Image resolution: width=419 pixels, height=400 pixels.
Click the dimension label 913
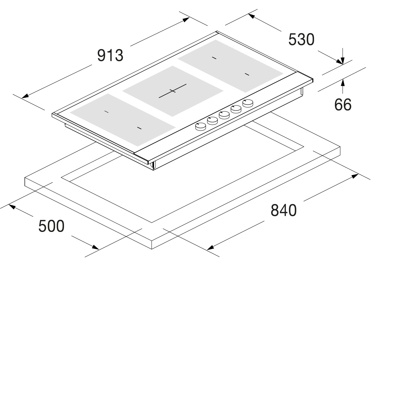110,55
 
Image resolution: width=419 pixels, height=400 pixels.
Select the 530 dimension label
301,40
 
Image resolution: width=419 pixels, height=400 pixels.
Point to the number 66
343,105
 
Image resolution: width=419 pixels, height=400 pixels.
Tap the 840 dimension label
284,210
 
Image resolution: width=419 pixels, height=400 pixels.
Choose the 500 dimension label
51,226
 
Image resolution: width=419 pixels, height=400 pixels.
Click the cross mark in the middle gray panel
173,91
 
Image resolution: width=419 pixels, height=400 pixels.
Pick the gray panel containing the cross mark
173,91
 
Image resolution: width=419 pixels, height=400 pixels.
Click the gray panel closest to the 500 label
123,120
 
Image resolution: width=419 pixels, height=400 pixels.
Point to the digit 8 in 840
275,210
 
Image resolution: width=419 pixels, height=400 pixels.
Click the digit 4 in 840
284,210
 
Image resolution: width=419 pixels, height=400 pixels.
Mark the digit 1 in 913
110,55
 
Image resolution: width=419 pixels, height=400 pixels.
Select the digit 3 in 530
301,40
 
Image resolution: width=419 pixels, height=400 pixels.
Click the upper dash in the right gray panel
214,58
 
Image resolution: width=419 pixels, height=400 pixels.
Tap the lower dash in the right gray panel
247,74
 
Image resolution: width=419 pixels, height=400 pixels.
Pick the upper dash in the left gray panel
107,112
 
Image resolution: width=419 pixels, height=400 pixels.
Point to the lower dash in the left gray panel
139,128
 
